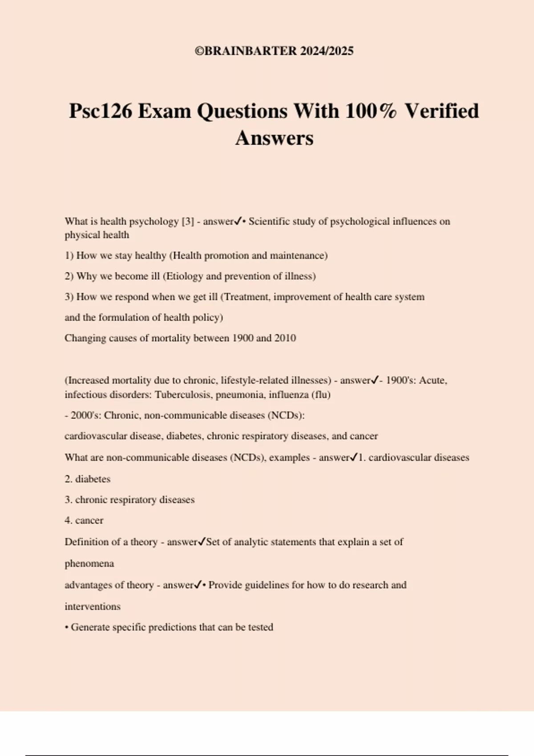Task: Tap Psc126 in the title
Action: pos(101,111)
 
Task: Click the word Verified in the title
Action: pos(441,111)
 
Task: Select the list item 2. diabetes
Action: pos(88,479)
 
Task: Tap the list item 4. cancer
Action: pos(84,520)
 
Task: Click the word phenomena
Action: pos(89,564)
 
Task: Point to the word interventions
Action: pos(93,607)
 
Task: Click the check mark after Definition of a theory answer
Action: pos(202,542)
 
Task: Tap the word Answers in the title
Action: pos(274,138)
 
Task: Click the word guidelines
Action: pos(260,585)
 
